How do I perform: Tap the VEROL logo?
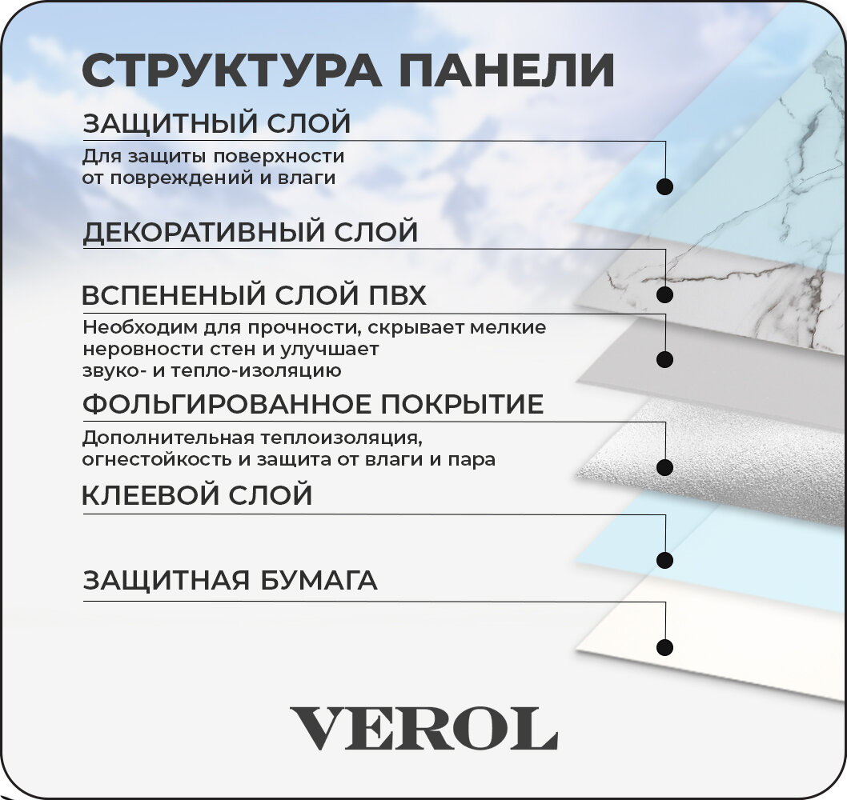click(423, 729)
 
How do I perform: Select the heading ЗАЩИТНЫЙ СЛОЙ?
click(217, 124)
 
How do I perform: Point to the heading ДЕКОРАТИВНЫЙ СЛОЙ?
click(251, 232)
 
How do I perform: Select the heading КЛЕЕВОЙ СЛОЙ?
click(197, 496)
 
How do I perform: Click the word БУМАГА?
click(323, 580)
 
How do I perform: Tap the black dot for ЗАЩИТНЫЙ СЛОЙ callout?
click(664, 186)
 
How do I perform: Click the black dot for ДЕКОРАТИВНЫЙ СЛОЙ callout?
click(664, 294)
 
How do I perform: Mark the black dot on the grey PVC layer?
click(664, 358)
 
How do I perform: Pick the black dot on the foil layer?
click(664, 466)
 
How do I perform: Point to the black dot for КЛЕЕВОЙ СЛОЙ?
click(664, 558)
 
